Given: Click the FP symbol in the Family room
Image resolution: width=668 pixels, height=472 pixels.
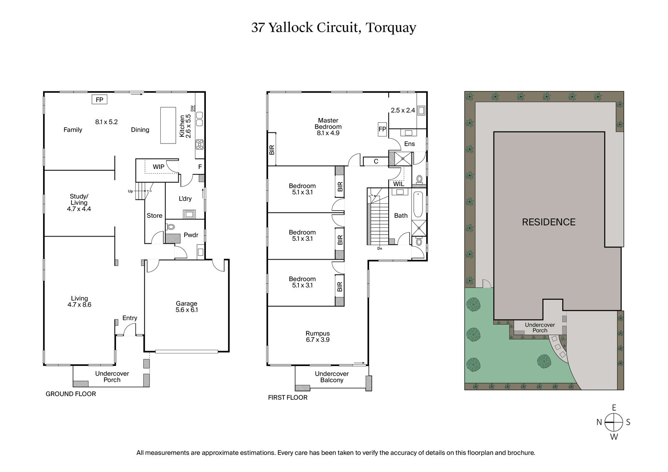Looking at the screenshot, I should [99, 100].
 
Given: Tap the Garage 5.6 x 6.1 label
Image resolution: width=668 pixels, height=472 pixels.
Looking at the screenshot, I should [187, 307].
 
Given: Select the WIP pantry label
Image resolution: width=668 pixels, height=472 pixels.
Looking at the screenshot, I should [158, 167].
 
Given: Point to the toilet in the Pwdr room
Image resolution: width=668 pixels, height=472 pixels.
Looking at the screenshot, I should [170, 227].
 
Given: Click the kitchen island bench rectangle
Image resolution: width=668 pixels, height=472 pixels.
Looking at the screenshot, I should [168, 125].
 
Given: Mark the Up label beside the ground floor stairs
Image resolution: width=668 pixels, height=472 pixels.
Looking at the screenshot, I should [130, 191].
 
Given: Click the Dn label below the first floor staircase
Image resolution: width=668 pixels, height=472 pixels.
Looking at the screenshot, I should [380, 249].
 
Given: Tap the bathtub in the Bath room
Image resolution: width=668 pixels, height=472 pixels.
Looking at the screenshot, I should [418, 205].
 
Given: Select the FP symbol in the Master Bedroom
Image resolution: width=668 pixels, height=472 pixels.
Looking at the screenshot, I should [382, 129].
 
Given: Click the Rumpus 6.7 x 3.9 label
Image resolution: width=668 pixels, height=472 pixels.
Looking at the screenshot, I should [318, 336].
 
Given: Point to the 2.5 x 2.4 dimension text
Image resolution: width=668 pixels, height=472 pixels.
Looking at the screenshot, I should [403, 111].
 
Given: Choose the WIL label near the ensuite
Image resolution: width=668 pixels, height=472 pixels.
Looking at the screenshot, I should [399, 184].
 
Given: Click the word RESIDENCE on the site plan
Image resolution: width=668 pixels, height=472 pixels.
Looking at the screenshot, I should [549, 222].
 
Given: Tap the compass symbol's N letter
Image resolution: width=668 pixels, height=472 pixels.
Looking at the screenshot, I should [599, 422].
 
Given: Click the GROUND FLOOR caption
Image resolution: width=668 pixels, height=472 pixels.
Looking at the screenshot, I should [71, 394].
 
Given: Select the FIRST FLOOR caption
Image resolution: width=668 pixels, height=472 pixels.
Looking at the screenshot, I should [288, 398].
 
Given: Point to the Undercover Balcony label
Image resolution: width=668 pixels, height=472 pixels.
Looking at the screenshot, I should [331, 377].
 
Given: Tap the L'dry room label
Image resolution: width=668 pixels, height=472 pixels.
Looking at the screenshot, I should [185, 199].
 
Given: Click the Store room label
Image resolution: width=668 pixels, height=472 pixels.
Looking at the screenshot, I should [154, 216].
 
